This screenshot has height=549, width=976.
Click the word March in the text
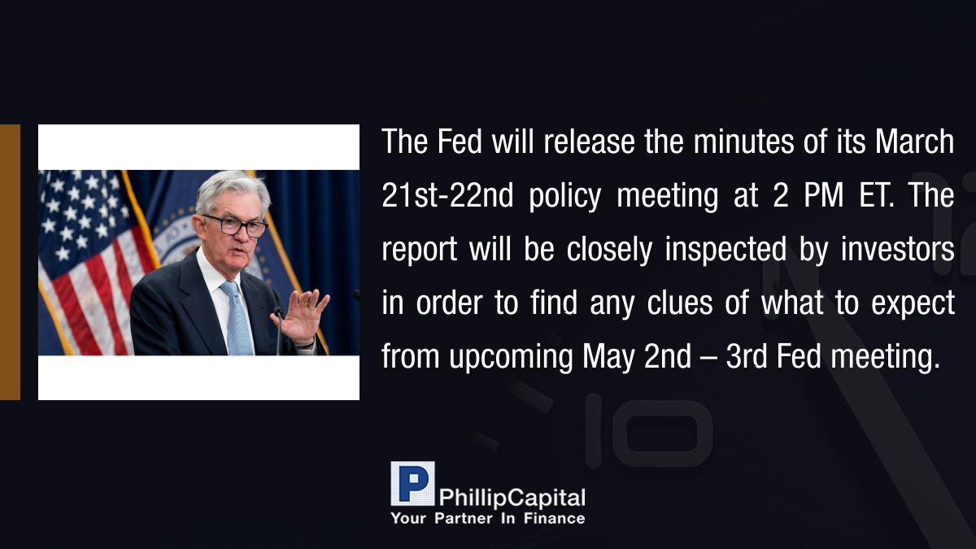(x=914, y=142)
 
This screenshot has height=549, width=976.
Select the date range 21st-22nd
(x=447, y=195)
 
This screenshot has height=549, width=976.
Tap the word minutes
(x=743, y=142)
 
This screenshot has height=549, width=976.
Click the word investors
(x=898, y=249)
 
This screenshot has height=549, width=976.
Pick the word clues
(x=680, y=303)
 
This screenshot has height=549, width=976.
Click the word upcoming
(x=511, y=357)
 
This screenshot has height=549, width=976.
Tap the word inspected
(x=725, y=250)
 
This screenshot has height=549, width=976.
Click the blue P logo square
(x=412, y=484)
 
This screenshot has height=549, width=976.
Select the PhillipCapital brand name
(x=512, y=498)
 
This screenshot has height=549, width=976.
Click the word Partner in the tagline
(x=463, y=518)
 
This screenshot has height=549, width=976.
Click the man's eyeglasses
(x=235, y=225)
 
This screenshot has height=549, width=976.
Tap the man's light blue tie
(x=237, y=317)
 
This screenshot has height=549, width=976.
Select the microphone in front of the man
(x=278, y=330)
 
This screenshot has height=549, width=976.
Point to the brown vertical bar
(x=10, y=262)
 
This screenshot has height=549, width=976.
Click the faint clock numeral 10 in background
(x=648, y=430)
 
